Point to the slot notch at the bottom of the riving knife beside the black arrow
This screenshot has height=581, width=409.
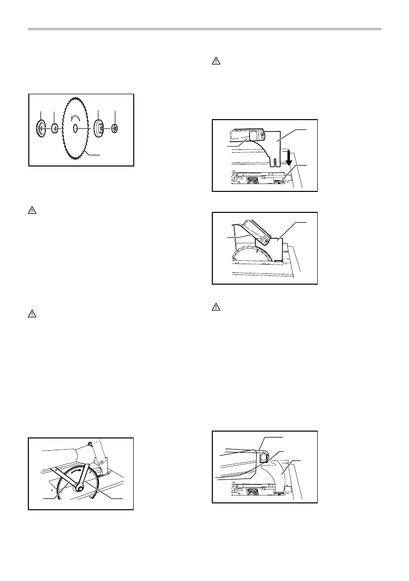(x=275, y=162)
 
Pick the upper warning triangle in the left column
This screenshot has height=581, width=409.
(x=31, y=212)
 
